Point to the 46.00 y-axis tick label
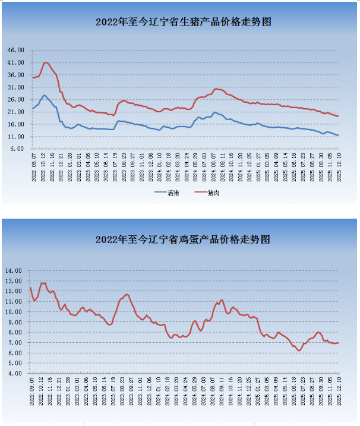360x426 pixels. click(15, 50)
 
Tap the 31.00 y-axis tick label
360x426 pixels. click(15, 87)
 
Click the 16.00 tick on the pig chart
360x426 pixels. click(15, 124)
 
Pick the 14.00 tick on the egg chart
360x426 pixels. click(14, 270)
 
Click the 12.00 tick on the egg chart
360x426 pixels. click(14, 291)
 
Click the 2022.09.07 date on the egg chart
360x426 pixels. click(31, 390)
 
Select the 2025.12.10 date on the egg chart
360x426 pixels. click(339, 390)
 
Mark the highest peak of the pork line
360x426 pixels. click(46, 62)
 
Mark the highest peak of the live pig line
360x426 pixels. click(44, 95)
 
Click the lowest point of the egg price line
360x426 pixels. click(299, 351)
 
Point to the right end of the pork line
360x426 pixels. click(338, 116)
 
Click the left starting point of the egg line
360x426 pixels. click(30, 288)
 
